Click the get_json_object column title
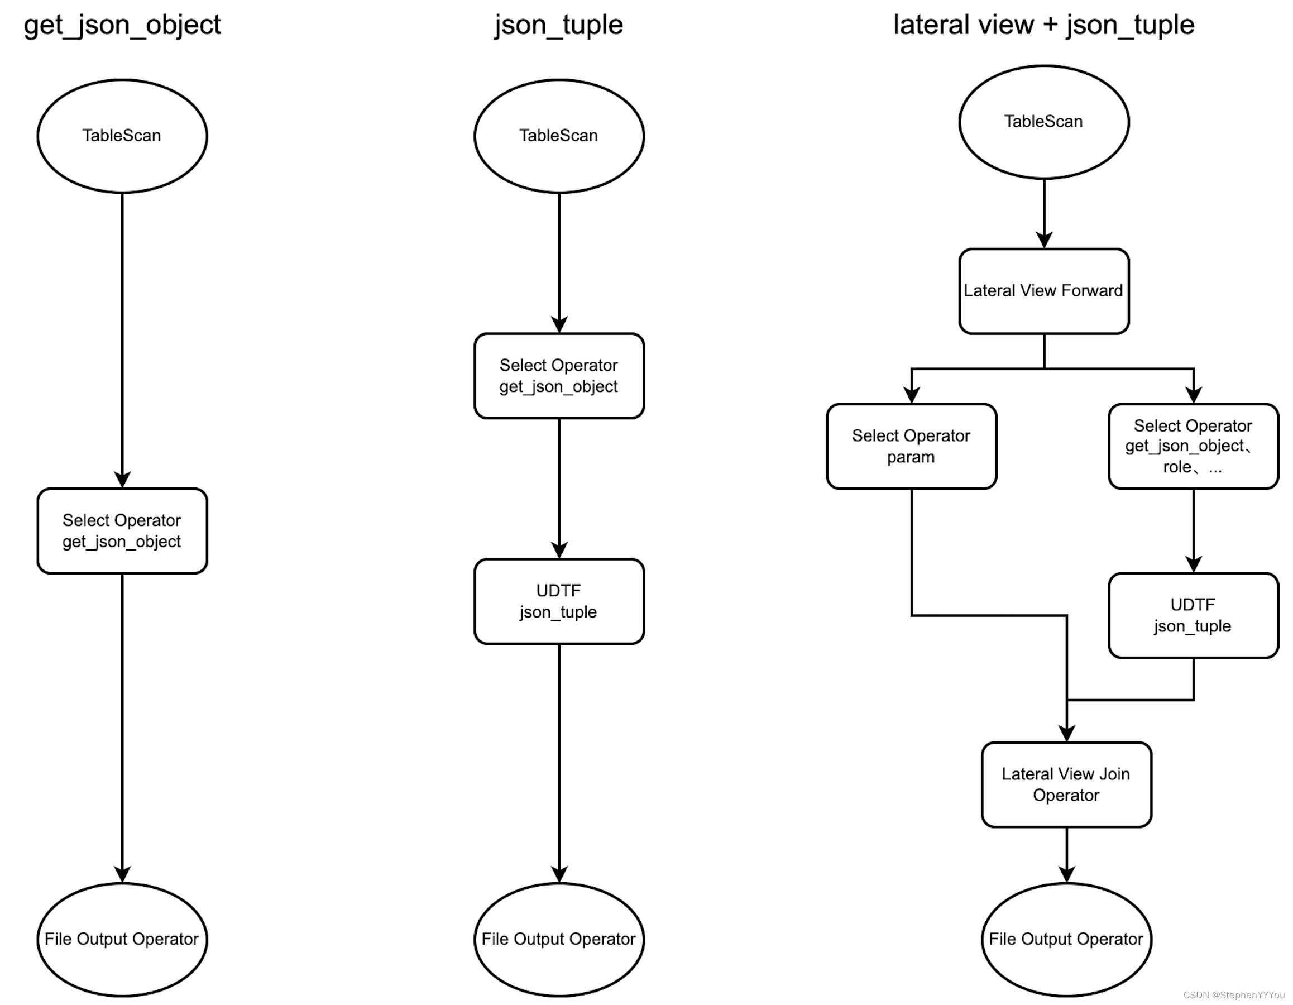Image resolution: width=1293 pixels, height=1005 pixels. pos(122,25)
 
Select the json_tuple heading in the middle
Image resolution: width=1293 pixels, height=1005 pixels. pos(559,25)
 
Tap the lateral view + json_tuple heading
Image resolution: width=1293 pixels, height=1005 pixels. pos(1043,25)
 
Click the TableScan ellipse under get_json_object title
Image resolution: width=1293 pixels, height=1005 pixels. pos(122,136)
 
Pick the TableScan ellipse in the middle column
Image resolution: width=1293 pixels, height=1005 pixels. pos(559,136)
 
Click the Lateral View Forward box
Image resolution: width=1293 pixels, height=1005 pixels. pos(1044,291)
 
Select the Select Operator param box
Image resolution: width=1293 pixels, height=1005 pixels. pos(911,446)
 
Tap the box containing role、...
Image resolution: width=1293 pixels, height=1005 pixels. pos(1193,446)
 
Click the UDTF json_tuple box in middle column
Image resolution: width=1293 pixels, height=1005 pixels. pos(559,601)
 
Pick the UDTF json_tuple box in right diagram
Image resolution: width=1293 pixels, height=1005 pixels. pos(1193,615)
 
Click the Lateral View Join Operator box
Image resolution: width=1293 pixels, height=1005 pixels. pos(1066,784)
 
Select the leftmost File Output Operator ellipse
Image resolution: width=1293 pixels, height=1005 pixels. pos(122,939)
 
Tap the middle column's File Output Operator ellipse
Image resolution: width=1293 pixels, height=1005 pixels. pos(559,939)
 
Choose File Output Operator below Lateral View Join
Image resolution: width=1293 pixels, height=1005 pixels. pos(1066,939)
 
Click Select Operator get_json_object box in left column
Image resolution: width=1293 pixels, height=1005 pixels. pos(122,530)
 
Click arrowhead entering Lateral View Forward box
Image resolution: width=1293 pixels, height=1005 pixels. pos(1044,241)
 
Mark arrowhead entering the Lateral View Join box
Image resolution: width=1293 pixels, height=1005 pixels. pos(1066,734)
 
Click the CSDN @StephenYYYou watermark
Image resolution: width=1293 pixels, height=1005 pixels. pos(1234,996)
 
